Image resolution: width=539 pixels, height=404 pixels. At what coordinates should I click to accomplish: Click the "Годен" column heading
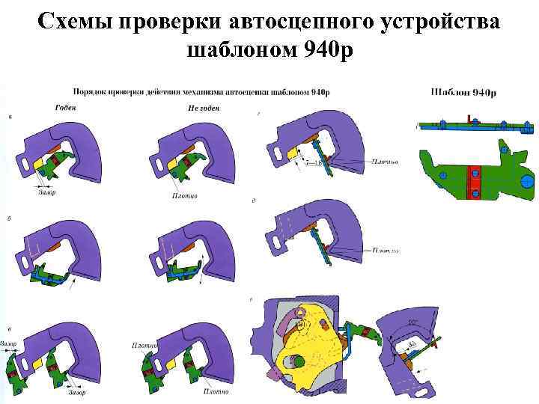pyautogui.click(x=66, y=107)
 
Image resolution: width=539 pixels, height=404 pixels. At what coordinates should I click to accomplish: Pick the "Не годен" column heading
pyautogui.click(x=203, y=108)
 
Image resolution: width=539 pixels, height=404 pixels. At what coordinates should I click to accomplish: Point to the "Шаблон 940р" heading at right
pyautogui.click(x=464, y=92)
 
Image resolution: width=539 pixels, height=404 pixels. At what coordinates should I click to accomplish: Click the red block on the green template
pyautogui.click(x=473, y=182)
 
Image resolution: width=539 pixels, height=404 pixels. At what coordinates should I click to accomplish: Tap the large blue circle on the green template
pyautogui.click(x=527, y=181)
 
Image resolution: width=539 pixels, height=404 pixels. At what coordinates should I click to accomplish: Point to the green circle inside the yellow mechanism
pyautogui.click(x=297, y=362)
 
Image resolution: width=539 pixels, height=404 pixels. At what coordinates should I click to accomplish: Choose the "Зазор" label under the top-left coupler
pyautogui.click(x=46, y=192)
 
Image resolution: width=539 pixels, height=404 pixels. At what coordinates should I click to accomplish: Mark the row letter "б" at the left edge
pyautogui.click(x=8, y=219)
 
